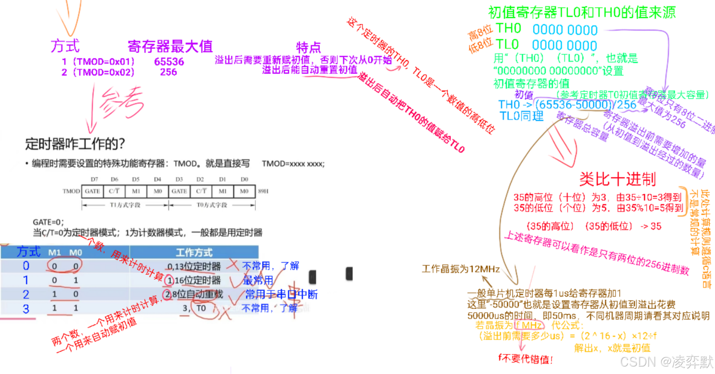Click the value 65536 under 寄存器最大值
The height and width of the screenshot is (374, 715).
169,62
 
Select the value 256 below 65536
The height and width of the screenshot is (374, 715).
168,72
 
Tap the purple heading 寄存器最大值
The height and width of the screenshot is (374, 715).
170,47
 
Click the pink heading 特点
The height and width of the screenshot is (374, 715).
308,47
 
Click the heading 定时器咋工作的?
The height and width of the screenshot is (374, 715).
75,144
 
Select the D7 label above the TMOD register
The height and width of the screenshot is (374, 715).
94,179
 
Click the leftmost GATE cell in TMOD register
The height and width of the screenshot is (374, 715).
93,191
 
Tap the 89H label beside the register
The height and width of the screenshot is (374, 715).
263,191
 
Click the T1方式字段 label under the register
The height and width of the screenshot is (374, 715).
125,205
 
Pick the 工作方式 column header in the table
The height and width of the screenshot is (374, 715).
194,253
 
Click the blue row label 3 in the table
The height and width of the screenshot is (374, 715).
26,309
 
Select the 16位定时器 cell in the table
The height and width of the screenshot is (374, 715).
198,280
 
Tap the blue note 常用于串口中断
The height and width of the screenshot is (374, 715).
281,294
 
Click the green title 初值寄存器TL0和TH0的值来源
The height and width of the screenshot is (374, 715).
582,13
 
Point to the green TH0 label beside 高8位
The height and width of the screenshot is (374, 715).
508,28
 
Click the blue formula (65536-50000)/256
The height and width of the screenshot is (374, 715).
585,105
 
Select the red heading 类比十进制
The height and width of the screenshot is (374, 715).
617,179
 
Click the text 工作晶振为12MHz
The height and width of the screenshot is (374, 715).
461,269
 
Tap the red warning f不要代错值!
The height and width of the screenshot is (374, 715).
525,359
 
